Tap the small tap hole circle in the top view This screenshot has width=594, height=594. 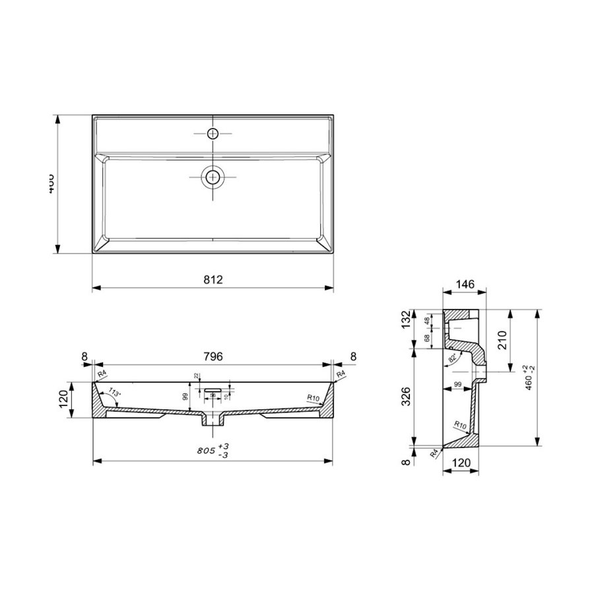(213, 134)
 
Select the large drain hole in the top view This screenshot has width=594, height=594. (213, 176)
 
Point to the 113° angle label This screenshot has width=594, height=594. (114, 394)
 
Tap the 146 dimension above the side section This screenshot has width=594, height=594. (464, 284)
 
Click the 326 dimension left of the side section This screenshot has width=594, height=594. (407, 396)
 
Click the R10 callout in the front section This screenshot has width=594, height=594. (314, 397)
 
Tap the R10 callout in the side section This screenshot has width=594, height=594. (460, 426)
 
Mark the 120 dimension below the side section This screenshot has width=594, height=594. (464, 463)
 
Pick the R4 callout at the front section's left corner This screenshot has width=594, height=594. (102, 375)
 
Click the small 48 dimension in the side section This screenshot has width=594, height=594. (427, 320)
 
